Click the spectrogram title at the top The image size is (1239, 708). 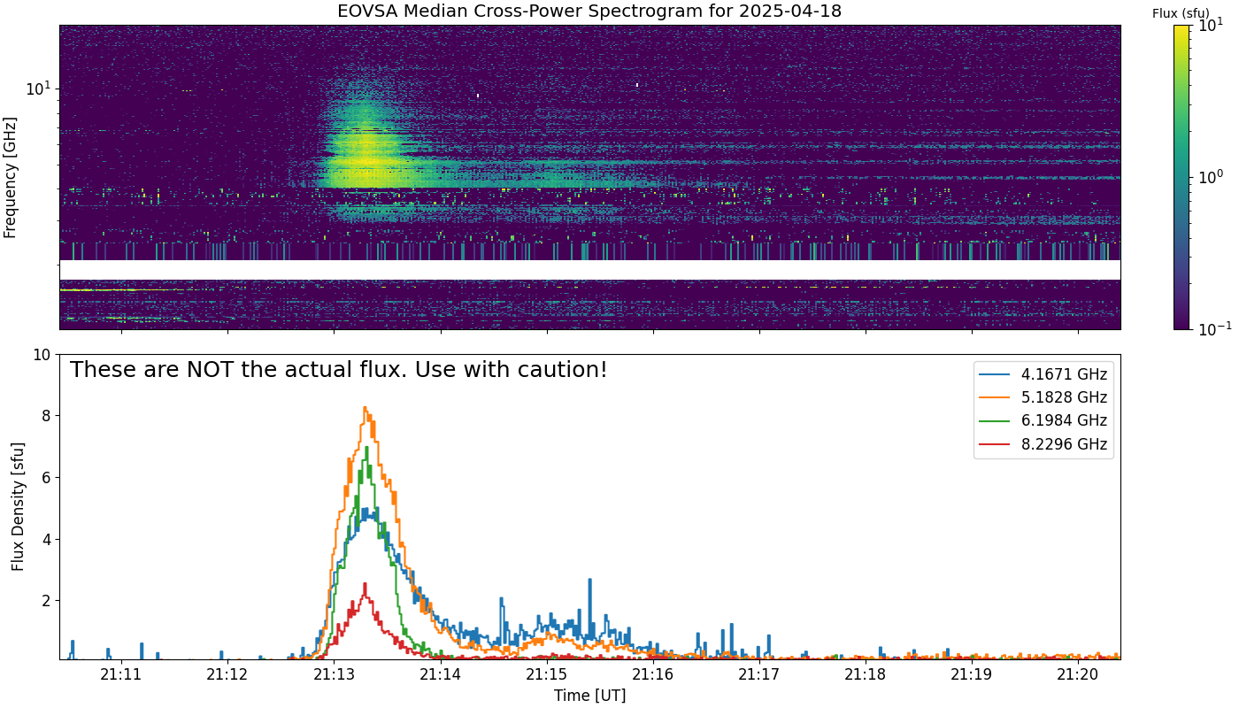pos(589,11)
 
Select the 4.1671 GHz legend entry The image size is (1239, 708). pos(1043,374)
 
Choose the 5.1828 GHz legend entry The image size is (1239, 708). pos(1043,397)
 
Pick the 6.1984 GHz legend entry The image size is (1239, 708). pos(1043,421)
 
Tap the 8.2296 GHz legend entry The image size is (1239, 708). pos(1043,444)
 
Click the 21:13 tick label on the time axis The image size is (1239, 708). pos(334,674)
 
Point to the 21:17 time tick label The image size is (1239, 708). pos(759,674)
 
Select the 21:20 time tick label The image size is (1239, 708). pos(1078,674)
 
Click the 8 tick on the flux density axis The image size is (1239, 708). pos(46,416)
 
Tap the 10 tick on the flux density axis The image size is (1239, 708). pos(42,355)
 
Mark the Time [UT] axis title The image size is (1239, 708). pos(589,696)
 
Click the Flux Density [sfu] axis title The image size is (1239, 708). pos(18,506)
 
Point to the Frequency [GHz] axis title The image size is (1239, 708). pos(10,178)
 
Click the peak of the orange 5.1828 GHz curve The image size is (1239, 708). pos(365,407)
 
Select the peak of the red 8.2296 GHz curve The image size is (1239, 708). pos(365,583)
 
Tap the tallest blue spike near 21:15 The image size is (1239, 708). pos(589,579)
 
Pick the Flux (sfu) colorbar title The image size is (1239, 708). pos(1181,13)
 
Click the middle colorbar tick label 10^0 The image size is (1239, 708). pos(1212,177)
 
